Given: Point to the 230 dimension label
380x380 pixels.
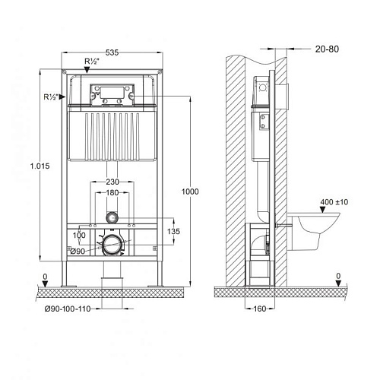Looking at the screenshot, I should click(x=112, y=182).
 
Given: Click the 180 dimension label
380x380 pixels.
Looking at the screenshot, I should click(x=112, y=195).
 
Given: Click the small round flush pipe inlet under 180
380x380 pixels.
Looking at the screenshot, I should click(x=112, y=217).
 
